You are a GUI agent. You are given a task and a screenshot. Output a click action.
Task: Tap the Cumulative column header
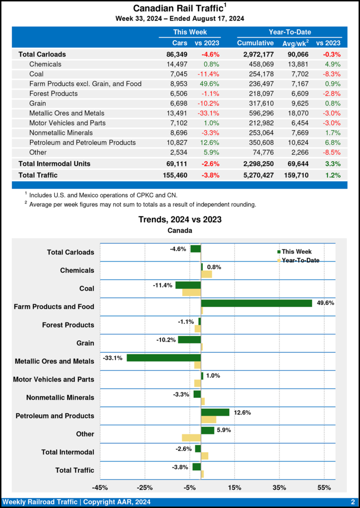(x=255, y=43)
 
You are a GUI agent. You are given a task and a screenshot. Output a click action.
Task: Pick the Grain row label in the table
(x=39, y=103)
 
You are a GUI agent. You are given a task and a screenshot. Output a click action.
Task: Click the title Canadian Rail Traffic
(x=177, y=9)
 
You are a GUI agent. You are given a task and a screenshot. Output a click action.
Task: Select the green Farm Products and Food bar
(x=256, y=303)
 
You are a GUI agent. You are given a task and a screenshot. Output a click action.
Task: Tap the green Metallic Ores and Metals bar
(x=164, y=358)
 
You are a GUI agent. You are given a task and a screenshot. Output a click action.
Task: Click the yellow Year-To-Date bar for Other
(x=191, y=438)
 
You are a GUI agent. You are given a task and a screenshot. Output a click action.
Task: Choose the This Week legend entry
(x=296, y=252)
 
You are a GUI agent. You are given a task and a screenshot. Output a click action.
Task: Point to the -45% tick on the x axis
(x=100, y=487)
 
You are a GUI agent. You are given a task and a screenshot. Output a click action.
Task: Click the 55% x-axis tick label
(x=324, y=487)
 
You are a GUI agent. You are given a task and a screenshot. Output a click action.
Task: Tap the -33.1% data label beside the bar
(x=113, y=358)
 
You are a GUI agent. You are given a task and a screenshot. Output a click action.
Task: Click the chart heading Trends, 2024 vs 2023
(x=180, y=219)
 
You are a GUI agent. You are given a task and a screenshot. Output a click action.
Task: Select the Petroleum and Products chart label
(x=55, y=416)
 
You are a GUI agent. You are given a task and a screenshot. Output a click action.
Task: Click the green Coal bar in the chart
(x=188, y=285)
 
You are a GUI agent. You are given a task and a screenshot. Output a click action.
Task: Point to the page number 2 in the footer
(x=352, y=502)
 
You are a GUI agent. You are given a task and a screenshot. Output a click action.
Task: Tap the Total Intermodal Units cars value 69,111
(x=177, y=163)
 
